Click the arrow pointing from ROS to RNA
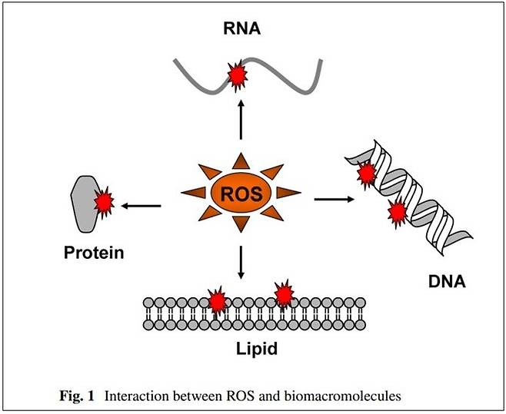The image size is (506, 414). tap(241, 119)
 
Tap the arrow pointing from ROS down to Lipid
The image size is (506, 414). tap(241, 263)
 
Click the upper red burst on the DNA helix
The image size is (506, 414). tap(367, 174)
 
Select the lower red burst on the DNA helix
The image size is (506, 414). tap(398, 214)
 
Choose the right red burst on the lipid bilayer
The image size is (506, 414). tap(284, 293)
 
